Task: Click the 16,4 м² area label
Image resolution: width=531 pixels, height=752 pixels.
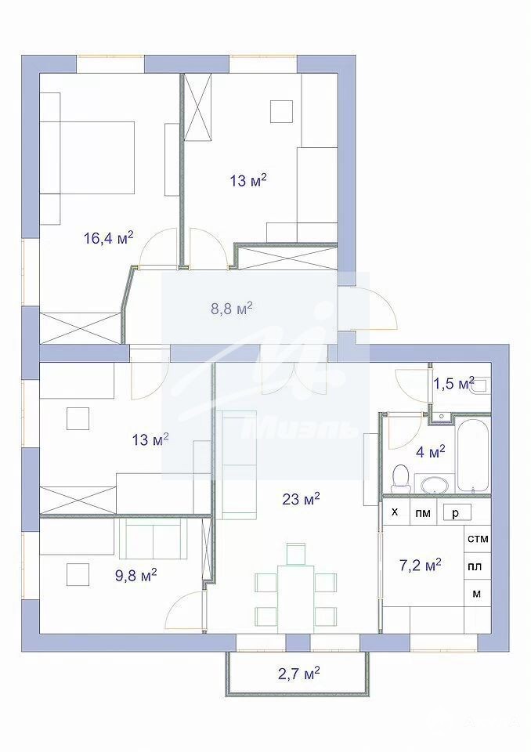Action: pyautogui.click(x=108, y=237)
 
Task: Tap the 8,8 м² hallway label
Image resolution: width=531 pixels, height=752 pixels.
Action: pyautogui.click(x=232, y=309)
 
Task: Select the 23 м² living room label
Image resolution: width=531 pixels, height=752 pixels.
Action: pyautogui.click(x=301, y=499)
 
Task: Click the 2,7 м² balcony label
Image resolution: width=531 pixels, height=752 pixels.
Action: pyautogui.click(x=299, y=674)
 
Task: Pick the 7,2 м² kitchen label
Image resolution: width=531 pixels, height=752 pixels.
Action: pyautogui.click(x=421, y=565)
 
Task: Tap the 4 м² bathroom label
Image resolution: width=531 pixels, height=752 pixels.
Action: pyautogui.click(x=430, y=451)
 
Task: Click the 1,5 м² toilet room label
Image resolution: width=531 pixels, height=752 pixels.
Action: pyautogui.click(x=453, y=383)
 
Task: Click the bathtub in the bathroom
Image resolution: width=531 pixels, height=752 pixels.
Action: pyautogui.click(x=473, y=456)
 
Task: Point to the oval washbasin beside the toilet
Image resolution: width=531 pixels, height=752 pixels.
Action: pyautogui.click(x=433, y=484)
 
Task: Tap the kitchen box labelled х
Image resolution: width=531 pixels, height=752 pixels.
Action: pyautogui.click(x=396, y=512)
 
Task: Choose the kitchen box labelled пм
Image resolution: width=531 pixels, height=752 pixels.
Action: pyautogui.click(x=423, y=512)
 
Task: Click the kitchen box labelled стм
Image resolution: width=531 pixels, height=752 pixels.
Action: pyautogui.click(x=478, y=539)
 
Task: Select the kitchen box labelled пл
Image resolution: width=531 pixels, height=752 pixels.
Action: pyautogui.click(x=477, y=566)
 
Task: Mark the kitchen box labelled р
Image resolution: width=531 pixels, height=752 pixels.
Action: pyautogui.click(x=456, y=512)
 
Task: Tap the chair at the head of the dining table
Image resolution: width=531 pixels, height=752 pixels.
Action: pyautogui.click(x=296, y=554)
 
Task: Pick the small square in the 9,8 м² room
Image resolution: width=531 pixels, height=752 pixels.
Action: pyautogui.click(x=78, y=573)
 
